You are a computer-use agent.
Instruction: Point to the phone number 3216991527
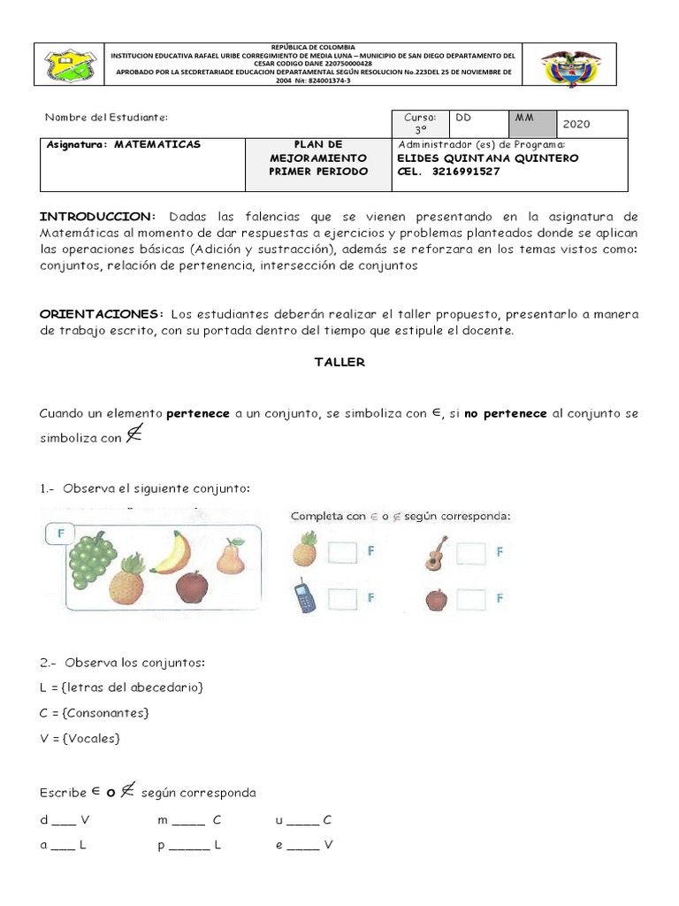pyautogui.click(x=467, y=171)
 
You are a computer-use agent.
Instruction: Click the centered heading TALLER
pyautogui.click(x=339, y=362)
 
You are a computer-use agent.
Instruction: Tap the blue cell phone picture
pyautogui.click(x=304, y=598)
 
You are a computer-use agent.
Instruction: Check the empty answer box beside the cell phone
pyautogui.click(x=342, y=598)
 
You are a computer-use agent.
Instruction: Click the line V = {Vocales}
pyautogui.click(x=80, y=737)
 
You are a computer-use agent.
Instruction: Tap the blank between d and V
pyautogui.click(x=64, y=820)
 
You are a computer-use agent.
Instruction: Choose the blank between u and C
pyautogui.click(x=303, y=820)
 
